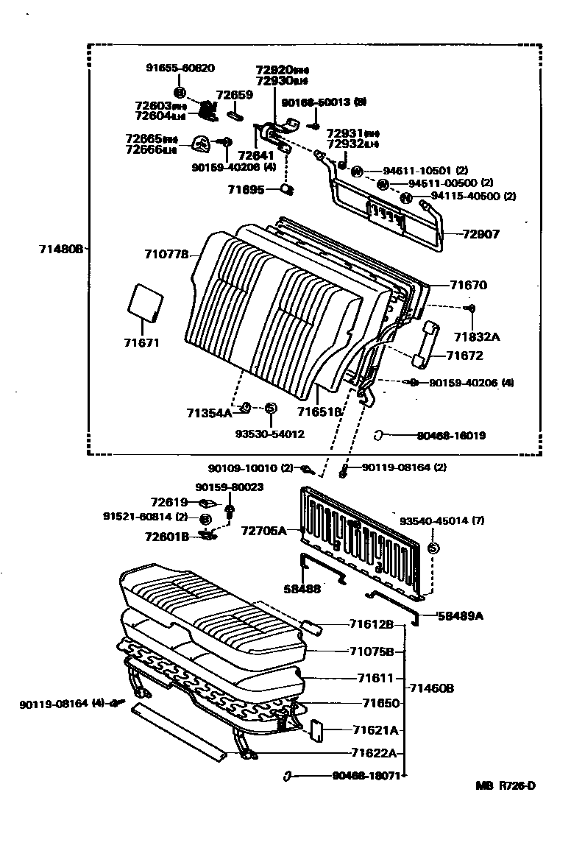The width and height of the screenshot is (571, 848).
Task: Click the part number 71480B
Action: (62, 249)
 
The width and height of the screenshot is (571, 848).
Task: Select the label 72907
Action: (480, 235)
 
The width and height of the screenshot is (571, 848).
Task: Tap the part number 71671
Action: (142, 342)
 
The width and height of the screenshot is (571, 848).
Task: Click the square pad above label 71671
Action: (144, 303)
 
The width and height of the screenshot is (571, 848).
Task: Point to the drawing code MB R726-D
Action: (505, 785)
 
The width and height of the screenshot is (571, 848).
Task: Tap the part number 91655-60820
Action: (180, 68)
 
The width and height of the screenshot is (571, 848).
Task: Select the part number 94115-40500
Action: (464, 197)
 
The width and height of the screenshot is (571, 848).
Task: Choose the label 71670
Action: (469, 285)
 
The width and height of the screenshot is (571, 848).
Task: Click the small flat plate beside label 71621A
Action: (318, 732)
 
